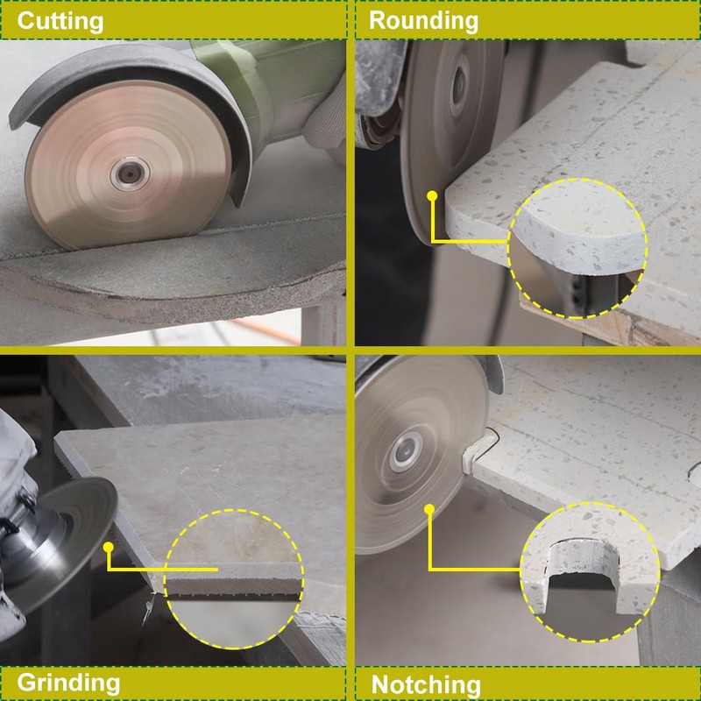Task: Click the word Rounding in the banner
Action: (423, 20)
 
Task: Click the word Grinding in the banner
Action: (68, 682)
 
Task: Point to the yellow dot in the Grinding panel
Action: (108, 547)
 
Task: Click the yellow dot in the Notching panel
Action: (430, 510)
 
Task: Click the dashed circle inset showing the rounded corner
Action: (578, 247)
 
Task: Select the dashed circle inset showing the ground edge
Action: (234, 578)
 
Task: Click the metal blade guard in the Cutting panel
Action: (131, 74)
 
